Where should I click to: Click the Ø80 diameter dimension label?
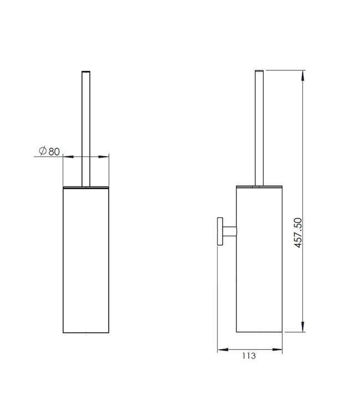(49, 151)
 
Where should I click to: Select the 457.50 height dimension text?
(298, 232)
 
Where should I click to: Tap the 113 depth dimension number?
(249, 356)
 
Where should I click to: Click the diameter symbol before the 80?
(43, 151)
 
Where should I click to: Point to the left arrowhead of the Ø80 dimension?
(68, 157)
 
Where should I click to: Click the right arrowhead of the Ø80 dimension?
(104, 157)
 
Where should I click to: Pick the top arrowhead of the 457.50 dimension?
(303, 76)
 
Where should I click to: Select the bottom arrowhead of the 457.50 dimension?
(303, 326)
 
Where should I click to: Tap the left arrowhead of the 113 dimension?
(223, 350)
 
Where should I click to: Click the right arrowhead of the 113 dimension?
(277, 350)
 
